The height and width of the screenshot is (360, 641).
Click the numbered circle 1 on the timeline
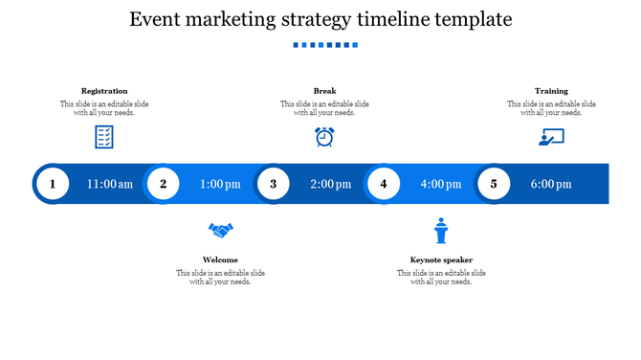(x=53, y=184)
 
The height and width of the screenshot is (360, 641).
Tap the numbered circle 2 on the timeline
(x=164, y=184)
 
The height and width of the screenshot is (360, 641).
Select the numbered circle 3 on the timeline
(x=274, y=184)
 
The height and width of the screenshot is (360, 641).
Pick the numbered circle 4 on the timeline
(x=384, y=184)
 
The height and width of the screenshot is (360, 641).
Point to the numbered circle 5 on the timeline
(x=494, y=184)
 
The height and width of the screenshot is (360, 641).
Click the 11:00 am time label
(x=110, y=185)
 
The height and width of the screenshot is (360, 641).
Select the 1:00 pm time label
(x=220, y=185)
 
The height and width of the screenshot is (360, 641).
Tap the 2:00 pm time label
(x=330, y=185)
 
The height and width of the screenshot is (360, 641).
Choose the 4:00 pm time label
(x=440, y=185)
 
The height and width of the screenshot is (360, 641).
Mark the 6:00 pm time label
(x=551, y=185)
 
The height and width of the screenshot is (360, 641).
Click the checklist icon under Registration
(x=104, y=137)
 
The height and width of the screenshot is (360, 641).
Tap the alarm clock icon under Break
(x=324, y=137)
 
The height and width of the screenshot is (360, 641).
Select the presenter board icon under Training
(x=551, y=137)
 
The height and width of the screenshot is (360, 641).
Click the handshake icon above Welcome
(x=221, y=231)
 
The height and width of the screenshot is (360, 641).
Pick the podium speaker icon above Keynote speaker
(x=441, y=231)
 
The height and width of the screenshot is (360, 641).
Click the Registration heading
(x=104, y=91)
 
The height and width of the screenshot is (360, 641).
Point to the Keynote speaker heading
(x=441, y=259)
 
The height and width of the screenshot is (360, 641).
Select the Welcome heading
(x=221, y=259)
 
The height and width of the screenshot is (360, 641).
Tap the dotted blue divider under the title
(x=325, y=45)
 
